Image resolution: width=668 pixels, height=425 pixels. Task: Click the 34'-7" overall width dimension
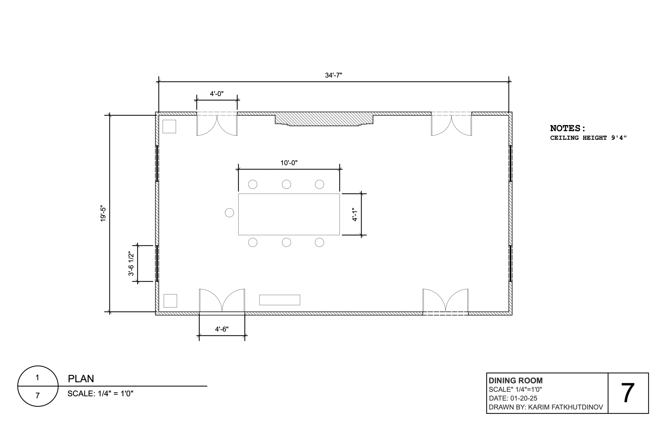coord(333,75)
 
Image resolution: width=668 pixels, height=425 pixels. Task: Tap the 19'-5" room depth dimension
coord(103,213)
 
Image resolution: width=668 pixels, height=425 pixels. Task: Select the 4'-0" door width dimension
coord(217,94)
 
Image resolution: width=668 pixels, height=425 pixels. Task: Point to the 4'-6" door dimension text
coord(222,329)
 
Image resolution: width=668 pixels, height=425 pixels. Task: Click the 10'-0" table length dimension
coord(289,163)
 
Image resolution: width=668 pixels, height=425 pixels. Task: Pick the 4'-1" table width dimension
coord(355,214)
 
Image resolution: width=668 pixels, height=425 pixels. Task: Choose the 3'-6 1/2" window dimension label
coord(131,264)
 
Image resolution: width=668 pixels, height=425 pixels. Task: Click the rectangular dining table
coord(289,214)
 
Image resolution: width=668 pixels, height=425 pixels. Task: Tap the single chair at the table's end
coord(229,213)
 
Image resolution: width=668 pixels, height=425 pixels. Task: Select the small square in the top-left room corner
coord(169,127)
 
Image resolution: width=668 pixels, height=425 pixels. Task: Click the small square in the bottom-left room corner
coord(170,301)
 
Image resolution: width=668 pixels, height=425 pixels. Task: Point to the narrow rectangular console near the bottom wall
coord(280,300)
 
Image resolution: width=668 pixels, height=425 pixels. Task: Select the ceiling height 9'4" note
coord(588,138)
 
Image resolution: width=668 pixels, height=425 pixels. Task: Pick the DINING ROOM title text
coord(516,381)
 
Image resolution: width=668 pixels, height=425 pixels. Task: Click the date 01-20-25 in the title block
coord(524,398)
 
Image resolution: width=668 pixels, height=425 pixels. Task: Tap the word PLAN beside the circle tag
coord(81,379)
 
